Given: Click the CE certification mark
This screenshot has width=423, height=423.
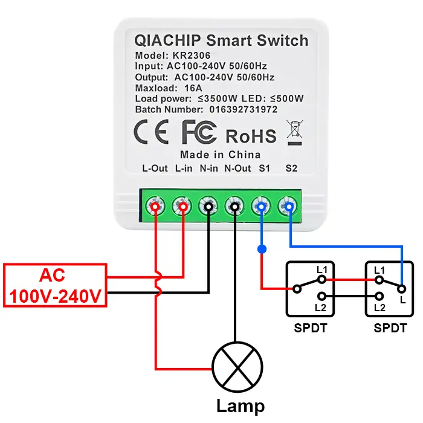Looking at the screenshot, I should (151, 133).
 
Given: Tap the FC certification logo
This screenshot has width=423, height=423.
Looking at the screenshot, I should (199, 132).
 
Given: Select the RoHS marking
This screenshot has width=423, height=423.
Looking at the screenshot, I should (251, 135).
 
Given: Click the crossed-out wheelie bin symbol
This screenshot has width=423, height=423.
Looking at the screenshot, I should (295, 133).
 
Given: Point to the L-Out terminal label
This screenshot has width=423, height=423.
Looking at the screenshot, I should (155, 168).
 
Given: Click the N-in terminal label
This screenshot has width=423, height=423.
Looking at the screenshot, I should (209, 168).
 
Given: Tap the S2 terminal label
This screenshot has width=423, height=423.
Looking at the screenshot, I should (291, 168).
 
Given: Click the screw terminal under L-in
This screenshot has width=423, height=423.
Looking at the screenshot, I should (182, 207).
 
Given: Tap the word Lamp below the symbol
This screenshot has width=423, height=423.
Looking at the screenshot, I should (241, 405).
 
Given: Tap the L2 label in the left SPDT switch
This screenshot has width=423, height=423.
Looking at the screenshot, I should (321, 308).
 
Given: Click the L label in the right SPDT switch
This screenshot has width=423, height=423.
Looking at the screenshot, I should (402, 300).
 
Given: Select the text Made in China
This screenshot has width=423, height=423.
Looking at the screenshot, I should (220, 155).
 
